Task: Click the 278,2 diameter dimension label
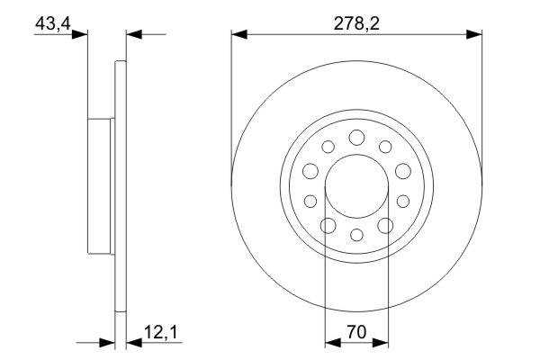click(x=356, y=23)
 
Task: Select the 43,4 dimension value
click(x=53, y=23)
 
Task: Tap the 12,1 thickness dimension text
click(x=160, y=333)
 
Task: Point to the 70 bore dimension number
click(x=356, y=332)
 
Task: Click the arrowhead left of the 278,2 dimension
click(x=239, y=34)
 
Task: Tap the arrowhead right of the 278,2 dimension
click(x=474, y=34)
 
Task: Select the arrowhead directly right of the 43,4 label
click(x=80, y=34)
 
